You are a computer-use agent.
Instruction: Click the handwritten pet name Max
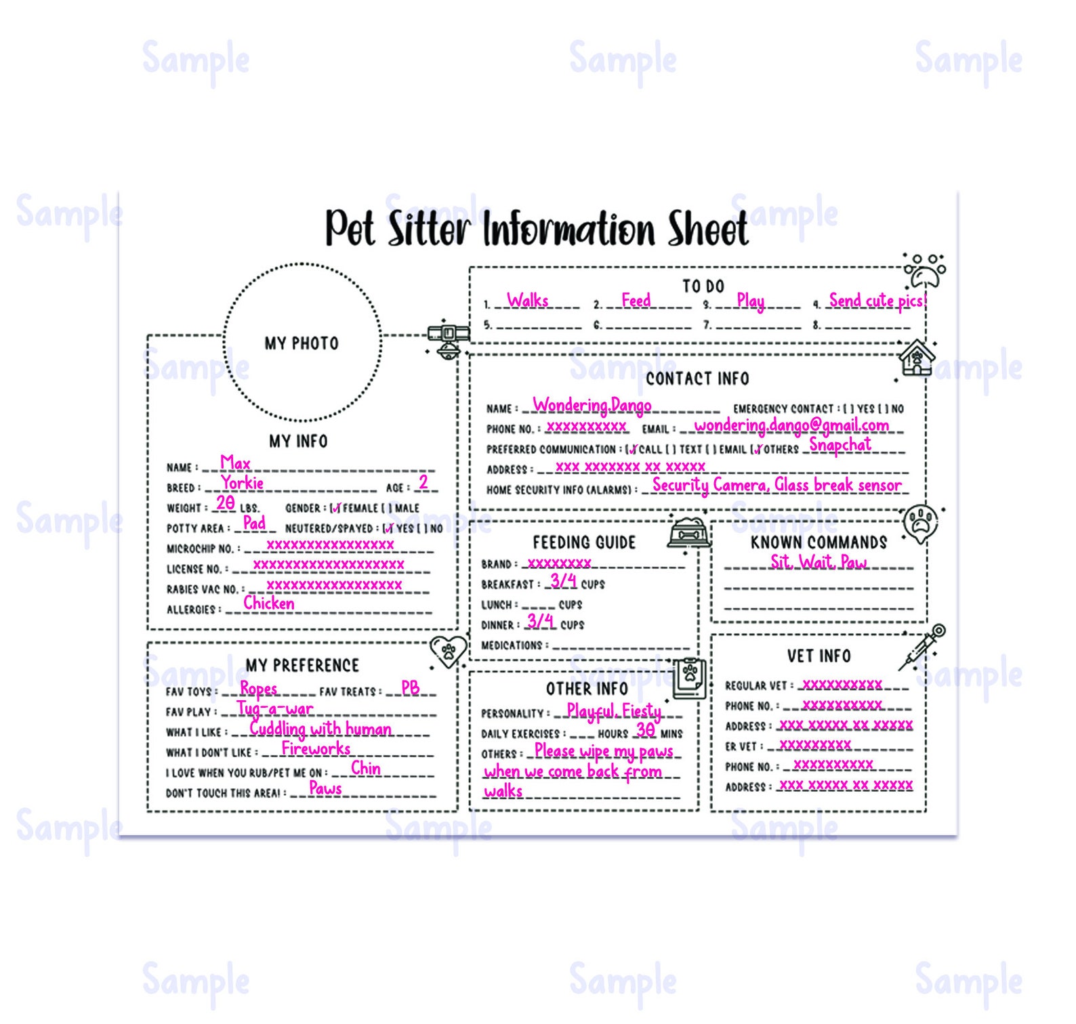pyautogui.click(x=235, y=463)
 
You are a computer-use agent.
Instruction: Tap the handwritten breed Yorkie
pyautogui.click(x=242, y=483)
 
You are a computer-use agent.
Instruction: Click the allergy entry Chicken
pyautogui.click(x=269, y=603)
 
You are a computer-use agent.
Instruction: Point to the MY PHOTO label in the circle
pyautogui.click(x=302, y=343)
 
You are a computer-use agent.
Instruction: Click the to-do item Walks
pyautogui.click(x=528, y=300)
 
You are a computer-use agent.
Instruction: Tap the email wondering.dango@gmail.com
pyautogui.click(x=791, y=425)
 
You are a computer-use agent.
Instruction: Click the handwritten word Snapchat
pyautogui.click(x=840, y=445)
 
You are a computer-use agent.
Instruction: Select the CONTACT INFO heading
pyautogui.click(x=697, y=379)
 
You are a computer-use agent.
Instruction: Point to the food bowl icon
pyautogui.click(x=689, y=532)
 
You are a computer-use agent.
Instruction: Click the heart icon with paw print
pyautogui.click(x=449, y=652)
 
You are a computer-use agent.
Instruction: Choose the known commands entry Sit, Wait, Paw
pyautogui.click(x=819, y=562)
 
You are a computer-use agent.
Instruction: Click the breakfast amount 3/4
pyautogui.click(x=563, y=581)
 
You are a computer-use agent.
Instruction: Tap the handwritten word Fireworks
pyautogui.click(x=316, y=748)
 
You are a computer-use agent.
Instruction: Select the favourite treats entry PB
pyautogui.click(x=410, y=688)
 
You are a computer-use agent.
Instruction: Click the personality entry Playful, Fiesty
pyautogui.click(x=614, y=711)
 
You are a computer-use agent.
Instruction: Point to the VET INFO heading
pyautogui.click(x=819, y=656)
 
